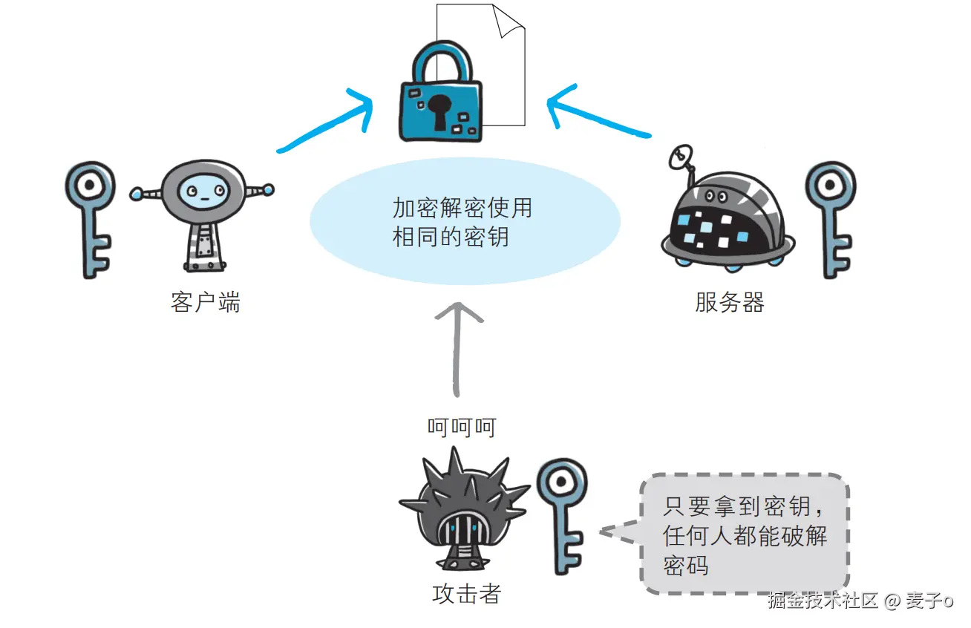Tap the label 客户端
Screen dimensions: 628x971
[205, 302]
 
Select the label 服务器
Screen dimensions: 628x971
[729, 302]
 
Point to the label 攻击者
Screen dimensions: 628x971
[466, 594]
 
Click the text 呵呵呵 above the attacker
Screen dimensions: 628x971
[461, 428]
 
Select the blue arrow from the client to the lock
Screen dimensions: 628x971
[327, 126]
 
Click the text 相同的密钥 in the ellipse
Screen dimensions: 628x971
[451, 237]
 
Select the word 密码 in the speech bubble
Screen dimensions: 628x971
[687, 565]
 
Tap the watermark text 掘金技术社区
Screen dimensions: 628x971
[823, 601]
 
